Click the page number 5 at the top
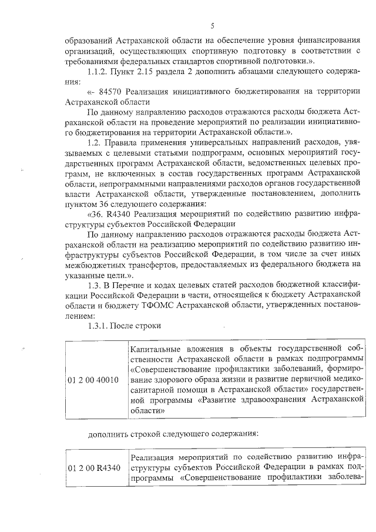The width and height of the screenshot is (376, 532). point(213,25)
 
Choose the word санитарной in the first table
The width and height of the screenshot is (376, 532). point(155,390)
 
